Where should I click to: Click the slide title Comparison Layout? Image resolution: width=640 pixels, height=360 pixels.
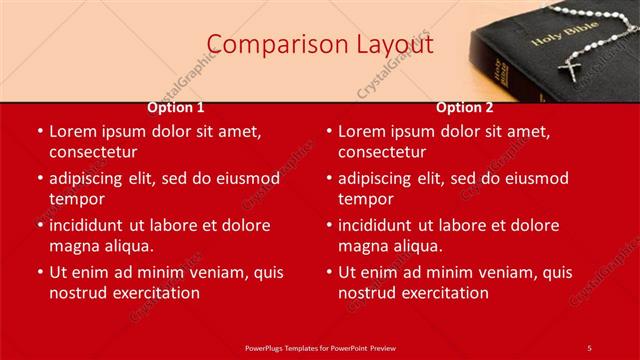[x=320, y=44]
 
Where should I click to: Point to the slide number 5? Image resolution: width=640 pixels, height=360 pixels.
[x=589, y=347]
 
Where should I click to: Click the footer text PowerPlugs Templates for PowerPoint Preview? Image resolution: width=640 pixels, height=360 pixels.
[x=320, y=347]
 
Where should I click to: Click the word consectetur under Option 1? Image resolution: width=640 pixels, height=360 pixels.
[x=93, y=153]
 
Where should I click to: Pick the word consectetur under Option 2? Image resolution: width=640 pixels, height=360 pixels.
[x=382, y=153]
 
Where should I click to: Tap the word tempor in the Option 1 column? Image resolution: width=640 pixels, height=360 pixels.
[x=76, y=199]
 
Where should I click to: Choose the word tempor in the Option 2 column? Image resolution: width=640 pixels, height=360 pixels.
[x=365, y=199]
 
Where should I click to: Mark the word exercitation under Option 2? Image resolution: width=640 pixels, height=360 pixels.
[x=444, y=293]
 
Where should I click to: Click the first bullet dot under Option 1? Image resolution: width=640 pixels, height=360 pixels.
[x=40, y=132]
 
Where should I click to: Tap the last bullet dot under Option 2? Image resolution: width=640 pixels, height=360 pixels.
[x=329, y=273]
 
